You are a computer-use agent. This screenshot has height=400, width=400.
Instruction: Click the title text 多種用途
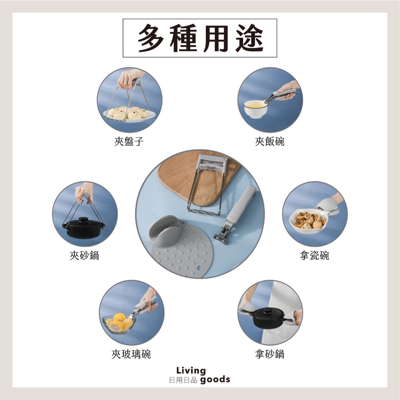[x=200, y=38]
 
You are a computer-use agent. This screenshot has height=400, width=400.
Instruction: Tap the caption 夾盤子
[x=129, y=141]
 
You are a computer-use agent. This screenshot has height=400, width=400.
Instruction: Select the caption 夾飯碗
[x=270, y=141]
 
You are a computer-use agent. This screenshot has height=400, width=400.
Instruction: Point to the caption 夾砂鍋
[x=84, y=255]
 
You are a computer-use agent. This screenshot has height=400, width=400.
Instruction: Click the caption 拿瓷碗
[x=314, y=255]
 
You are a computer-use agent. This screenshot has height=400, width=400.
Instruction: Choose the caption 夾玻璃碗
[x=131, y=354]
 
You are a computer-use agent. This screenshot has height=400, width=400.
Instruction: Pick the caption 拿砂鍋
[x=270, y=354]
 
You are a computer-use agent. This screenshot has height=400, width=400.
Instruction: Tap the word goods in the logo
[x=215, y=380]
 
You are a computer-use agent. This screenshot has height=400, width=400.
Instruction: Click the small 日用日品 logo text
[x=183, y=380]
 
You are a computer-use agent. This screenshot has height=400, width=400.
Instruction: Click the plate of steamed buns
[x=129, y=114]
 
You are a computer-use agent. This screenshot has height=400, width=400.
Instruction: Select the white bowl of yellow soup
[x=255, y=109]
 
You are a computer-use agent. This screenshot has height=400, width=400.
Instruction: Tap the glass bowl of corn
[x=119, y=323]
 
